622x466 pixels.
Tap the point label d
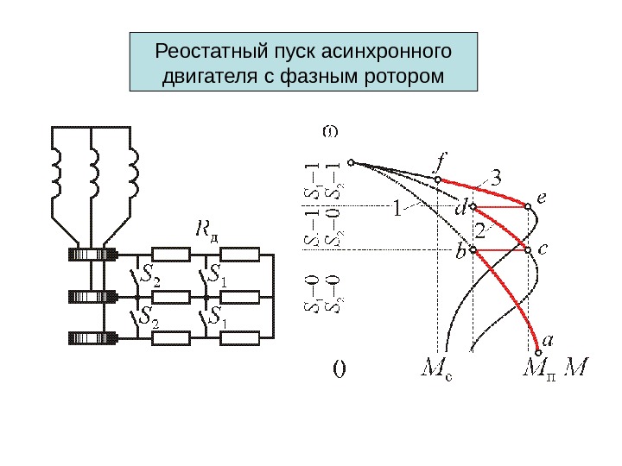click(x=460, y=209)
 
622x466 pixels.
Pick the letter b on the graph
click(x=460, y=253)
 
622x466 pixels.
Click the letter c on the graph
click(x=542, y=248)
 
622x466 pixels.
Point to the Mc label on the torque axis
click(x=439, y=369)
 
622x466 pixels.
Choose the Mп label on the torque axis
click(x=542, y=369)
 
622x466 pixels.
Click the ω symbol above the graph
click(x=330, y=132)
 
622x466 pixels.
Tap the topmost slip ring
click(x=92, y=255)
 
